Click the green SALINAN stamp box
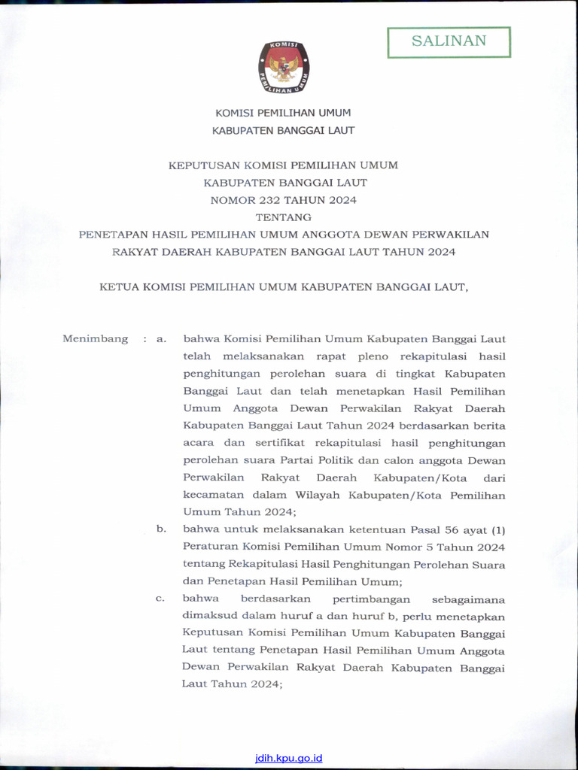click(449, 42)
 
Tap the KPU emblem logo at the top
click(284, 67)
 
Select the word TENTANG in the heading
click(284, 217)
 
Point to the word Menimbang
click(95, 339)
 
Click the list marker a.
click(160, 339)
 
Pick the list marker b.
click(160, 529)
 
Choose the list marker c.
click(160, 599)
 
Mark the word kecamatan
click(212, 496)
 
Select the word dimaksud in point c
click(208, 616)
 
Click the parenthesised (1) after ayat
click(497, 529)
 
